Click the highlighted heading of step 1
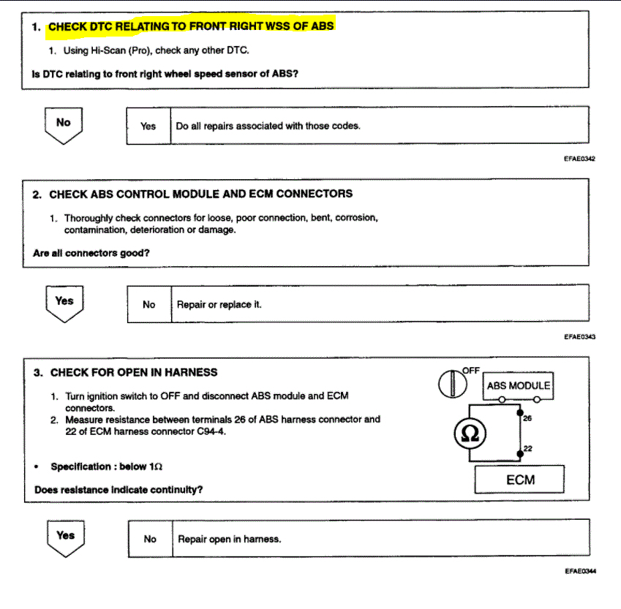click(x=191, y=26)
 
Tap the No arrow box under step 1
click(x=64, y=124)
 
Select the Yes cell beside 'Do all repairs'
click(x=148, y=126)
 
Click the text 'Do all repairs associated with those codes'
click(x=268, y=126)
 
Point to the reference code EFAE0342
click(x=580, y=159)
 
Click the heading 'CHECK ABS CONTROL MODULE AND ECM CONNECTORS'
click(x=200, y=194)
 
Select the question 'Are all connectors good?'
click(x=97, y=254)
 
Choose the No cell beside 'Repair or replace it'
click(x=149, y=304)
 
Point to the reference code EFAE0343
click(x=580, y=337)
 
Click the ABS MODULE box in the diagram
click(x=518, y=385)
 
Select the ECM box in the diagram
click(x=520, y=480)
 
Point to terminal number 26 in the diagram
click(x=527, y=417)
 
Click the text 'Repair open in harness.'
click(x=230, y=539)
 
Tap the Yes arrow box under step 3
click(x=65, y=537)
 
